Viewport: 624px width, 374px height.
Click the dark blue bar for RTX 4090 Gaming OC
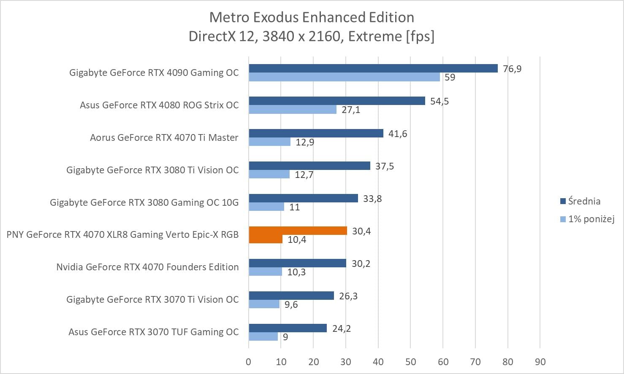click(x=373, y=68)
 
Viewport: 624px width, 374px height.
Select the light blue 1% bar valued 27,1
click(x=293, y=110)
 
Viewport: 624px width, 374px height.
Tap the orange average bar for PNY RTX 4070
click(x=298, y=231)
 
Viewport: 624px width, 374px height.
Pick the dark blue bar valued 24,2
click(x=288, y=328)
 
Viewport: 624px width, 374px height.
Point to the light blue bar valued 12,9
click(x=269, y=142)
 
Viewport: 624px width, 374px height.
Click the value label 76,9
click(x=512, y=69)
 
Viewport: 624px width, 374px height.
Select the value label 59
click(x=450, y=78)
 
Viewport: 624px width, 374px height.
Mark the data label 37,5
click(x=384, y=167)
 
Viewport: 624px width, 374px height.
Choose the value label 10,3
click(x=296, y=272)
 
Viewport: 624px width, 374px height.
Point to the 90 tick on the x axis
click(x=540, y=362)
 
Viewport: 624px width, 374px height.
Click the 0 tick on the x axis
click(x=248, y=362)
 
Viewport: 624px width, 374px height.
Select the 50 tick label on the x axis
click(x=410, y=362)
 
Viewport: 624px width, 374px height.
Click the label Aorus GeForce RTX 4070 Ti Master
click(x=164, y=137)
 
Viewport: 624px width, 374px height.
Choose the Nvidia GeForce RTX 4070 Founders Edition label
click(x=147, y=267)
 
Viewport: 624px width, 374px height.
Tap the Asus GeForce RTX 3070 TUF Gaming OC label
click(x=153, y=332)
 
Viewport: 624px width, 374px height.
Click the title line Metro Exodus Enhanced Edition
click(x=312, y=17)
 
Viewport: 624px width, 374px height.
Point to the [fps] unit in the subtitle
click(x=420, y=36)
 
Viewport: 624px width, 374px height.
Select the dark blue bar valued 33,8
click(x=303, y=198)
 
